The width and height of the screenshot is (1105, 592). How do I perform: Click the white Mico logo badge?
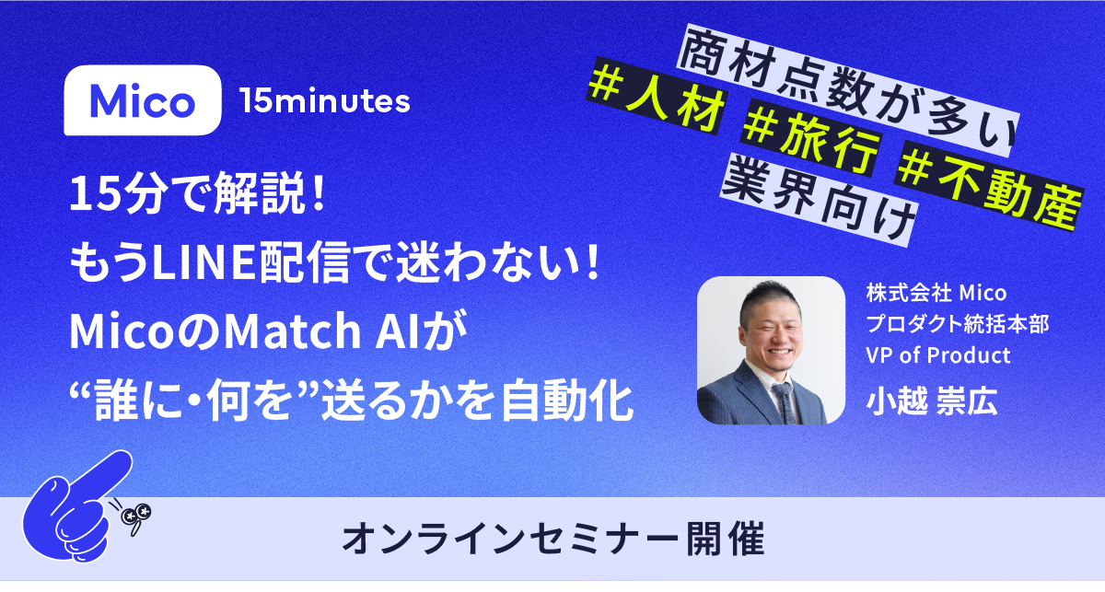click(143, 101)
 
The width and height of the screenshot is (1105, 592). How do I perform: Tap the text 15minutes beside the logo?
click(324, 101)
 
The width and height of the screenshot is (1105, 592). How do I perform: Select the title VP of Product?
click(938, 354)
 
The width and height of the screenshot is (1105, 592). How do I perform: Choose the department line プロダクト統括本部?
click(958, 324)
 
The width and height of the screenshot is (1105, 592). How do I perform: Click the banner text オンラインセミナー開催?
click(552, 541)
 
